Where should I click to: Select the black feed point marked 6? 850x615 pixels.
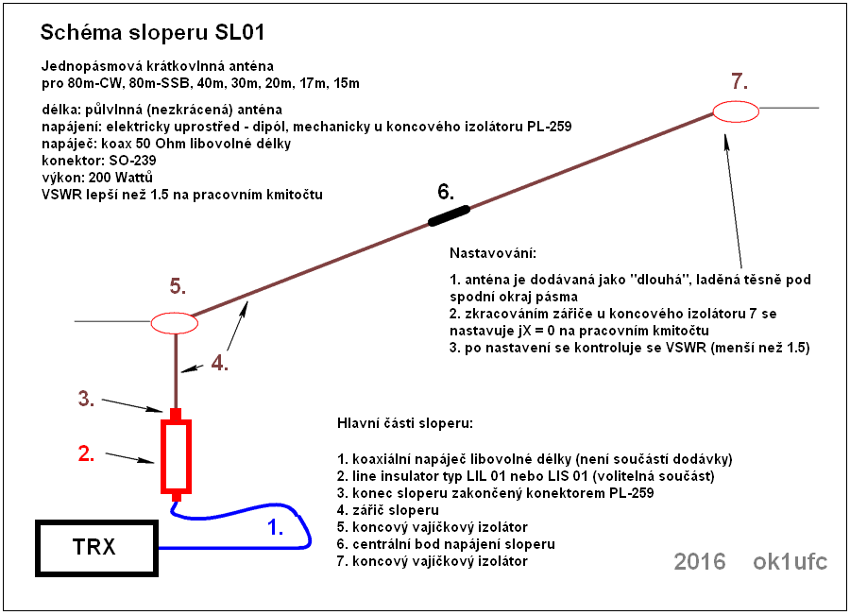point(449,215)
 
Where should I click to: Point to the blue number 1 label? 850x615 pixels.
point(276,526)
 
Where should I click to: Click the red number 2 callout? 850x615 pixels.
point(86,453)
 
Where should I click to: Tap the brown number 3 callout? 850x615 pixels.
point(86,399)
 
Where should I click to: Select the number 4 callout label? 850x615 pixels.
point(219,362)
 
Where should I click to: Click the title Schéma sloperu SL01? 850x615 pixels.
point(153,32)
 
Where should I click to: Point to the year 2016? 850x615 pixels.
point(699,562)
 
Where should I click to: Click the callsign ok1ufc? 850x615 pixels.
point(790,562)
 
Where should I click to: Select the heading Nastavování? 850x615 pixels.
point(493,253)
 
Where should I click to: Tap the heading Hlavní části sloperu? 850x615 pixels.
point(405,423)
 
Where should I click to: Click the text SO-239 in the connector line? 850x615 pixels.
point(132,161)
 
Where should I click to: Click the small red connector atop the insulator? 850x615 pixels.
point(176,414)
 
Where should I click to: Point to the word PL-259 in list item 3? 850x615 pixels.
point(631,493)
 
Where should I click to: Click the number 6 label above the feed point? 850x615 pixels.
point(446,192)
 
